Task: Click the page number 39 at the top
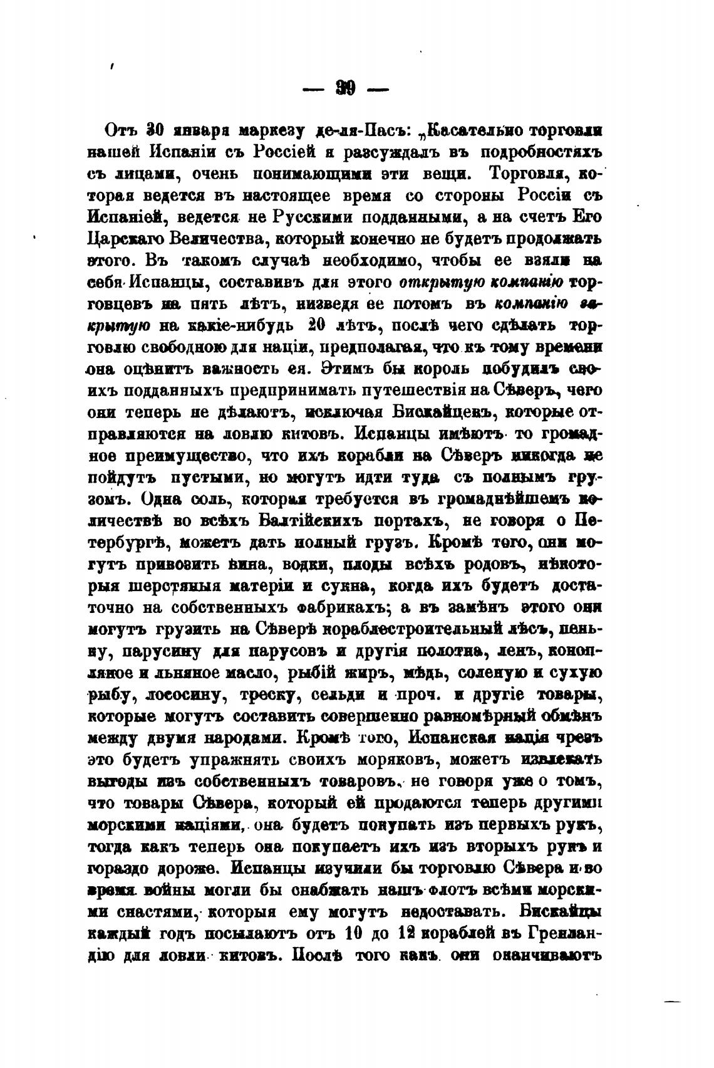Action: coord(345,90)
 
